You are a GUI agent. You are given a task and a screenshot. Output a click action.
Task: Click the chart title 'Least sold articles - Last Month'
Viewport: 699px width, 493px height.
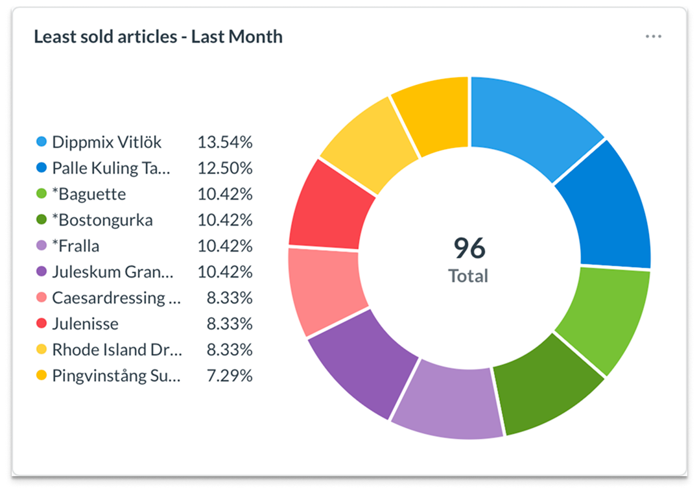tap(158, 37)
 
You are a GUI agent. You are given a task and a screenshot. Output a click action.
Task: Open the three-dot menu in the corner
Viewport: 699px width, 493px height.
tap(653, 36)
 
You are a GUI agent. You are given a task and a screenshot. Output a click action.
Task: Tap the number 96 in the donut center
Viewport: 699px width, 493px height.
tap(469, 247)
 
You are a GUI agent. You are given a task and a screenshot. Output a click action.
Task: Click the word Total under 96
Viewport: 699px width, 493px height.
tap(468, 276)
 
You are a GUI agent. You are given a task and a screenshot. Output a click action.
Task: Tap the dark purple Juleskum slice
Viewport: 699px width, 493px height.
tap(363, 363)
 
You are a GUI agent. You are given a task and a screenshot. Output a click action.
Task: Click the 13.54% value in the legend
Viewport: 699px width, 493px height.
tap(225, 142)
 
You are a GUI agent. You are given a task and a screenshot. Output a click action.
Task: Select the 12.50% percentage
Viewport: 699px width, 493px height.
tap(225, 168)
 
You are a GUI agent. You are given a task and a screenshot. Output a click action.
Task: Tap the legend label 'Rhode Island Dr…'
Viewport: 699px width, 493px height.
tap(117, 350)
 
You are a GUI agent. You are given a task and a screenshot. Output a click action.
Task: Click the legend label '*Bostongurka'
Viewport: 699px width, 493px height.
tap(102, 220)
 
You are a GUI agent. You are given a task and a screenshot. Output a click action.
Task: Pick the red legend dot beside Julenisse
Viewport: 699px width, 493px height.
tap(42, 324)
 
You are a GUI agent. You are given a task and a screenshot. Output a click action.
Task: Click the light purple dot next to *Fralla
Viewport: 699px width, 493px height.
tap(42, 246)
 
